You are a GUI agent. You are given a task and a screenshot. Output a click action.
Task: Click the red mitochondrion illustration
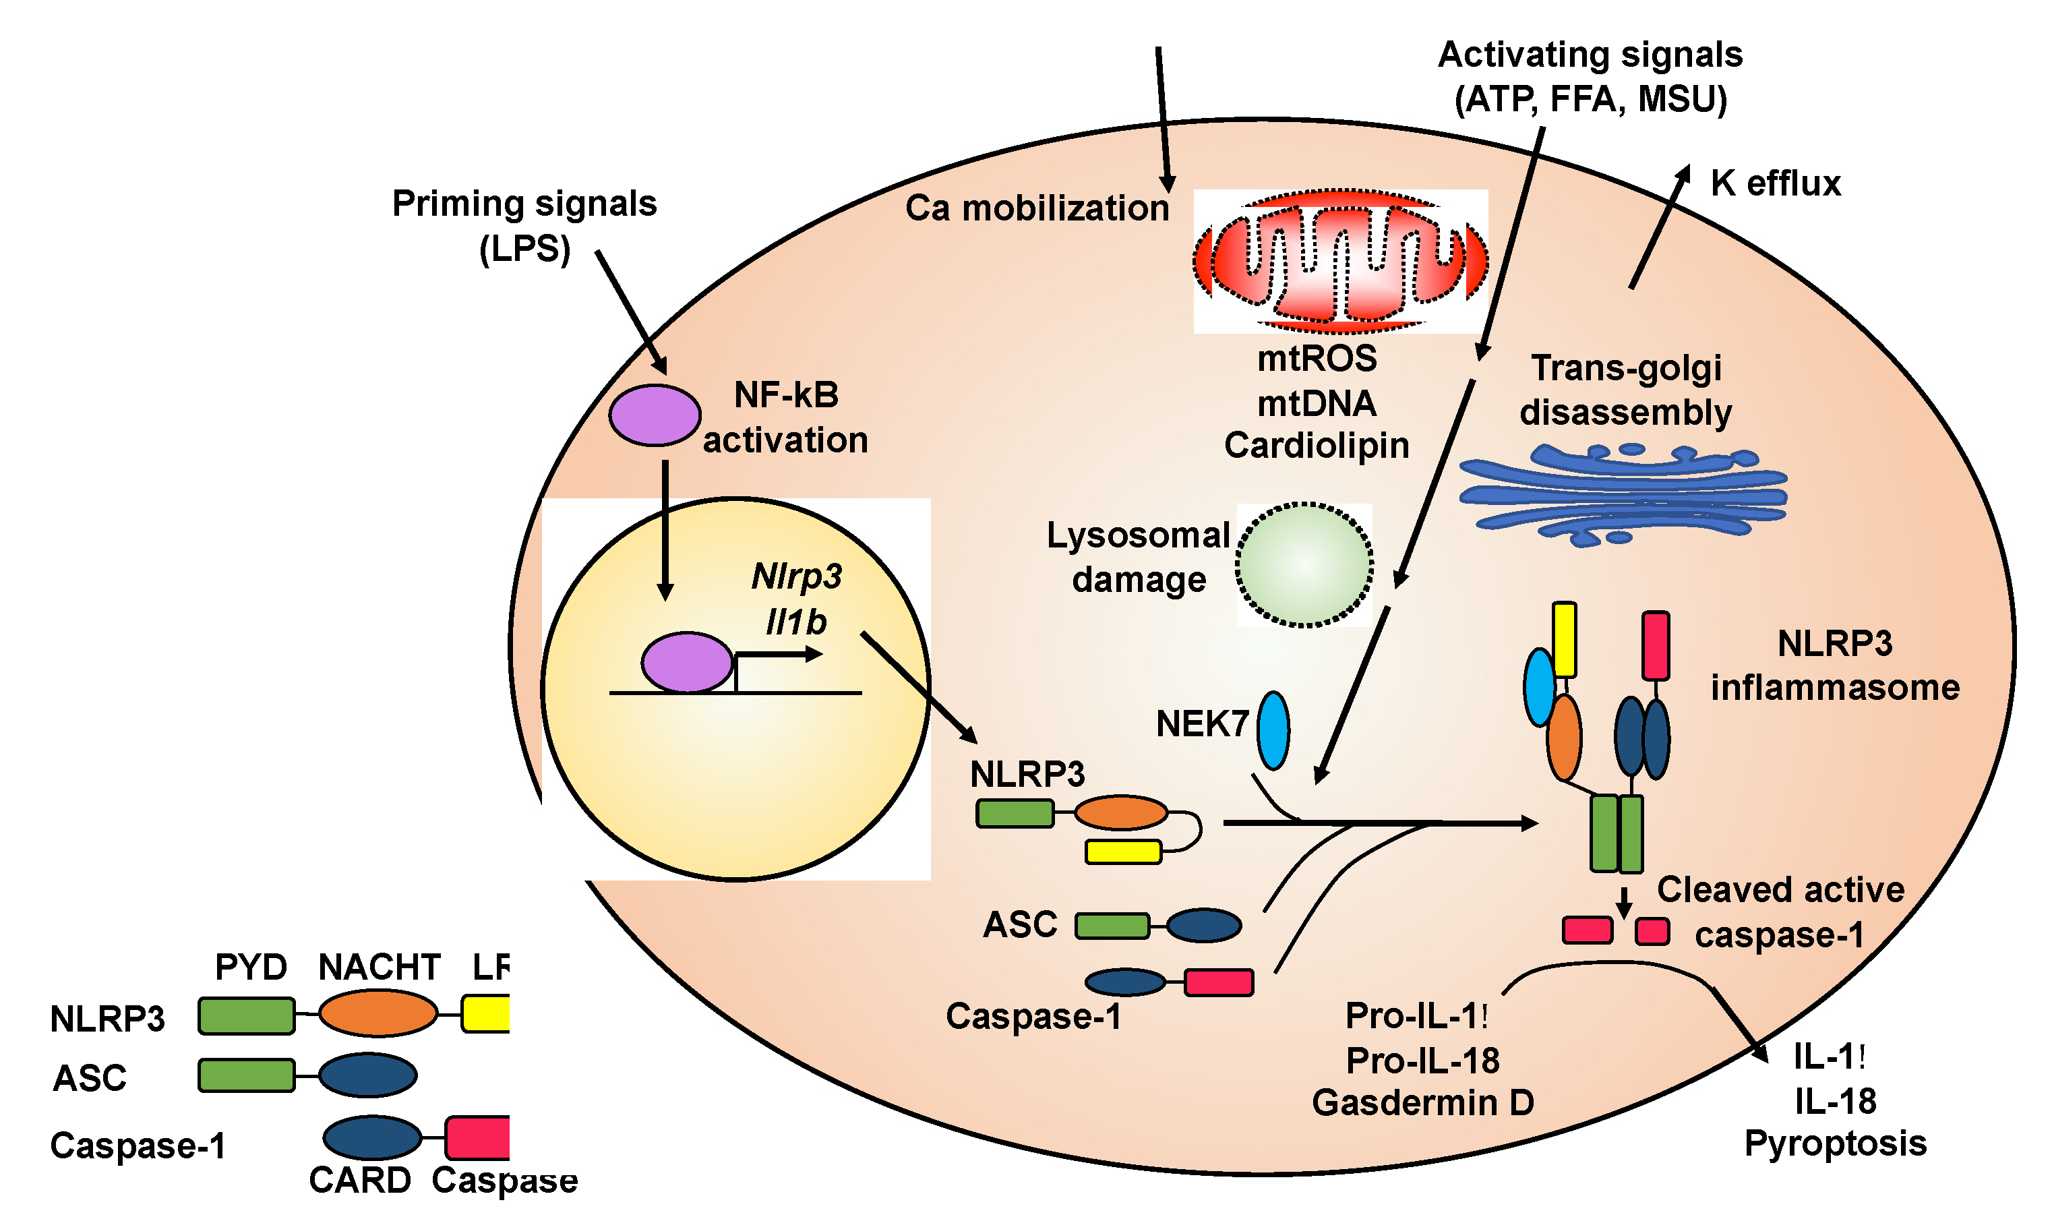point(1339,261)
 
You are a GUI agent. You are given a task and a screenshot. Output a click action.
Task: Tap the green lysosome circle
point(1304,565)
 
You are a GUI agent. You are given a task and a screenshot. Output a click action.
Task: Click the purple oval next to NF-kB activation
point(654,415)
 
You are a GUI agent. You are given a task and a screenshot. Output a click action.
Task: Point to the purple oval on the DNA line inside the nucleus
point(686,662)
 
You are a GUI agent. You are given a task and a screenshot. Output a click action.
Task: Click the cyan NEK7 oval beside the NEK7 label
point(1273,730)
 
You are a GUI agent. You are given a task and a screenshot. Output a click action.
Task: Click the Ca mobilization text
point(1036,208)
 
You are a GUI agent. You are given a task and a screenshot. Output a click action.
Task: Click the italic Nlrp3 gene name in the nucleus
point(795,576)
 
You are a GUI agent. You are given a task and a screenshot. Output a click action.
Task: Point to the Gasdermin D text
point(1422,1102)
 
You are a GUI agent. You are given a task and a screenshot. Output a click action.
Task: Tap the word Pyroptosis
point(1834,1143)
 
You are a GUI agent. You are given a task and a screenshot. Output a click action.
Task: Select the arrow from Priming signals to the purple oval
point(630,312)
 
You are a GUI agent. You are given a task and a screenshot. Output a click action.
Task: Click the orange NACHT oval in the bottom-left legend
point(378,1013)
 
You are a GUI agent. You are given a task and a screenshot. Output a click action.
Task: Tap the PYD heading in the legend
point(251,967)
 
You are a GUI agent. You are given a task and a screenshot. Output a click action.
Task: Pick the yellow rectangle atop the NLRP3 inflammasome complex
point(1563,639)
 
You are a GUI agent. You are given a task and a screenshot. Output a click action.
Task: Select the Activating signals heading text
point(1590,55)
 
